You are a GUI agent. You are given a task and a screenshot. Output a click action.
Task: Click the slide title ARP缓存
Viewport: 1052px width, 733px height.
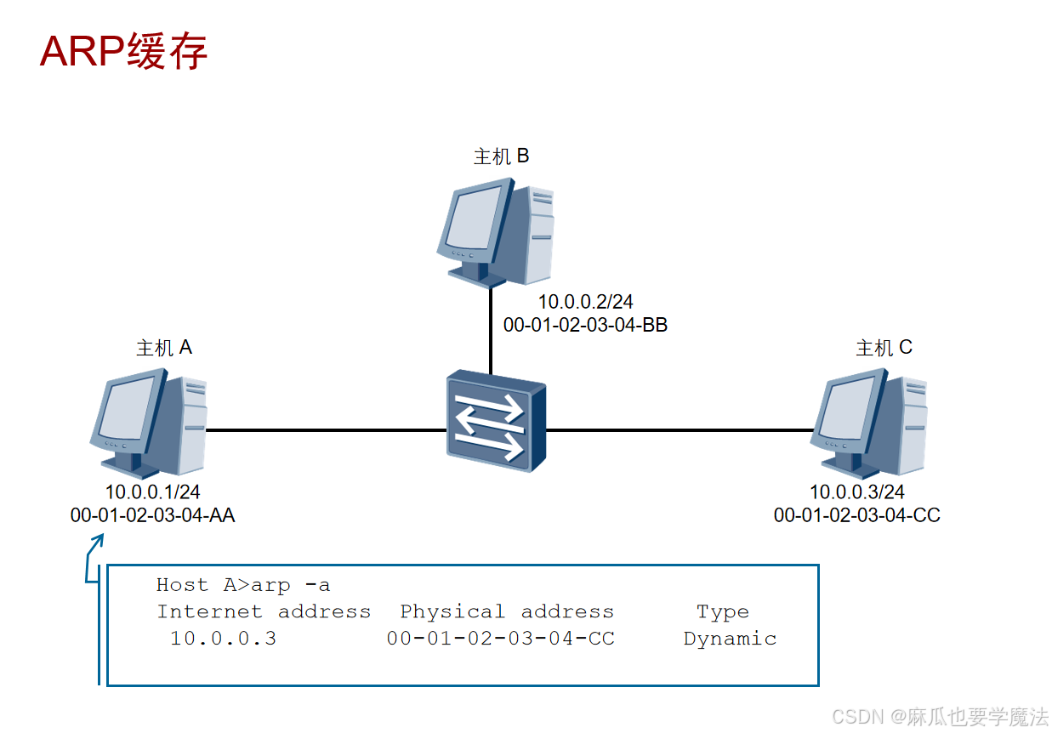click(124, 52)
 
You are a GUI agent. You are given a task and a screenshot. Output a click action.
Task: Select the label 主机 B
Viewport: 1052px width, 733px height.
click(501, 156)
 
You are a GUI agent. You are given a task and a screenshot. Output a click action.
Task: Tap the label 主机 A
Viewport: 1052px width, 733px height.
click(164, 348)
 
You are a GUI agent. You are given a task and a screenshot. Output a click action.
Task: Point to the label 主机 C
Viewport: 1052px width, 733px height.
click(884, 348)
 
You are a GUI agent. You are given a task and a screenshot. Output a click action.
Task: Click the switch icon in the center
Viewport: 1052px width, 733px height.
click(495, 421)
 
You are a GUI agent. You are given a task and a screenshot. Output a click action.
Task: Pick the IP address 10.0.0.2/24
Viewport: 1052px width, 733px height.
click(585, 302)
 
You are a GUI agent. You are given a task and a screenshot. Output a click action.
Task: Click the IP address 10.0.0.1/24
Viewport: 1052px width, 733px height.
click(152, 492)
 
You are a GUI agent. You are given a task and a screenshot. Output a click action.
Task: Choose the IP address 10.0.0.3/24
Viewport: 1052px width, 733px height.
click(856, 492)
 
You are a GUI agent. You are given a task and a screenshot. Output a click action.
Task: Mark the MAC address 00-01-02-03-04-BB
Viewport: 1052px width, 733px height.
click(585, 324)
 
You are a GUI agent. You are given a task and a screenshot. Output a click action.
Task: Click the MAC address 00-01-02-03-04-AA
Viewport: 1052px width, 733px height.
click(152, 514)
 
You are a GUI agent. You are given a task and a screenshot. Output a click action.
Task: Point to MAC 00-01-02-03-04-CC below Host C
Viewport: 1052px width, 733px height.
click(856, 514)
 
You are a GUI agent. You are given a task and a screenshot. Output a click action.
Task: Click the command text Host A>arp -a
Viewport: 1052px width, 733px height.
click(243, 585)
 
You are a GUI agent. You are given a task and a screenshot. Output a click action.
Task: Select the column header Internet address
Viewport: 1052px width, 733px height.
click(264, 611)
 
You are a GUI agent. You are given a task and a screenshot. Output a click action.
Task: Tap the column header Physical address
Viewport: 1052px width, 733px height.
click(506, 611)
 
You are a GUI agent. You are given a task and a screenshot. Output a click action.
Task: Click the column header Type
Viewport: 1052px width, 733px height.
click(722, 611)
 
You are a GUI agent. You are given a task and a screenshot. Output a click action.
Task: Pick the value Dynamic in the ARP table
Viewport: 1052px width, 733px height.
click(730, 639)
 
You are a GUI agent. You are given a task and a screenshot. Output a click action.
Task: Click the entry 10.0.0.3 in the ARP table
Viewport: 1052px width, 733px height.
click(223, 639)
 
